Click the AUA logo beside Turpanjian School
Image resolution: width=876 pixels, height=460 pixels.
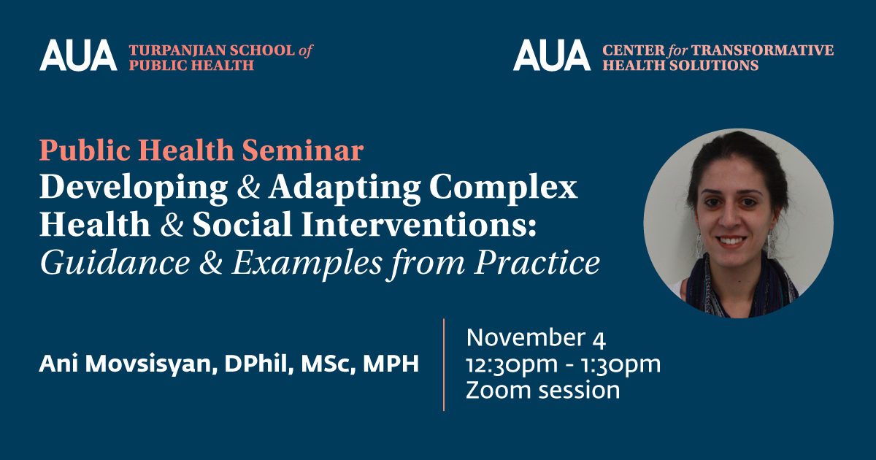[x=78, y=55]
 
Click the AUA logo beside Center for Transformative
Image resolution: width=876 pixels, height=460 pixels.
[x=552, y=55]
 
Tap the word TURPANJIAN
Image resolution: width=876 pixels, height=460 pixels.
[x=177, y=50]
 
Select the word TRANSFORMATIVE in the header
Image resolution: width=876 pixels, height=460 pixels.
[x=763, y=50]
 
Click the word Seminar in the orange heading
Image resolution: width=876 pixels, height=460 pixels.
[x=303, y=150]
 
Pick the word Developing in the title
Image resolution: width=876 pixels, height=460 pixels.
[x=134, y=188]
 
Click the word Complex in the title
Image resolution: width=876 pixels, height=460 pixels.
[x=503, y=188]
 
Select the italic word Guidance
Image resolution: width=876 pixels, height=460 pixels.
[x=115, y=262]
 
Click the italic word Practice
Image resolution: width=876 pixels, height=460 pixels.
[x=537, y=262]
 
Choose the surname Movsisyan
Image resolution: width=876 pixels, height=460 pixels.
[x=151, y=364]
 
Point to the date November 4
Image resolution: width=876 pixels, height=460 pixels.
[x=536, y=338]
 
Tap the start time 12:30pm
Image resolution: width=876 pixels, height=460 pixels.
[x=512, y=365]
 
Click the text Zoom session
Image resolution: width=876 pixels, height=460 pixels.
[x=543, y=391]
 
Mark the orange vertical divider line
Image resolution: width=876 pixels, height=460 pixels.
[x=444, y=365]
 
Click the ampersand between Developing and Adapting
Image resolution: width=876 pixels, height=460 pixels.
[x=248, y=187]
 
